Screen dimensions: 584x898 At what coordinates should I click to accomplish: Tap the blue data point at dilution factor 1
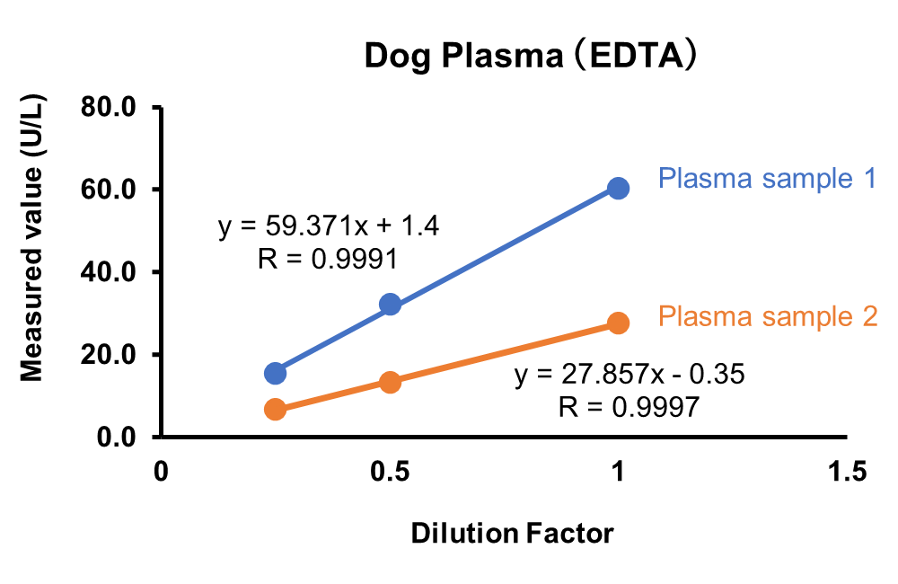(618, 188)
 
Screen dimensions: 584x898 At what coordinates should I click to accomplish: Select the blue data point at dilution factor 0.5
(390, 305)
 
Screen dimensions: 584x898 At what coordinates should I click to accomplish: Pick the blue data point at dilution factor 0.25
(276, 373)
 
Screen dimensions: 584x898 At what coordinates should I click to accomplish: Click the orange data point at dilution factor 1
(618, 323)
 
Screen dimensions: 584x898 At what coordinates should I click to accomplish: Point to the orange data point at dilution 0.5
(390, 382)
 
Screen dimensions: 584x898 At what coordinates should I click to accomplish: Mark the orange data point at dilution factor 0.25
(276, 410)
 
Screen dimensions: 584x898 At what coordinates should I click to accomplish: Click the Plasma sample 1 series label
(767, 178)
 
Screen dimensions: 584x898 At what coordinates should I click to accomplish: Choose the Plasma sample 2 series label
(767, 316)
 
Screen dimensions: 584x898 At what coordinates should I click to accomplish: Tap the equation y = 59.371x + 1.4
(329, 226)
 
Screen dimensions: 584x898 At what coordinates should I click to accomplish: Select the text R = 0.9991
(328, 259)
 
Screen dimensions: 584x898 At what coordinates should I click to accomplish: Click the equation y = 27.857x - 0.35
(629, 375)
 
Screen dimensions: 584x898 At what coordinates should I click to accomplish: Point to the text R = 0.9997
(628, 407)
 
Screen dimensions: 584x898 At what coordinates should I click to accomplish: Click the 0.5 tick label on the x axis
(390, 472)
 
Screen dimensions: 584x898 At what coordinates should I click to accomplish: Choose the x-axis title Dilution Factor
(512, 534)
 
